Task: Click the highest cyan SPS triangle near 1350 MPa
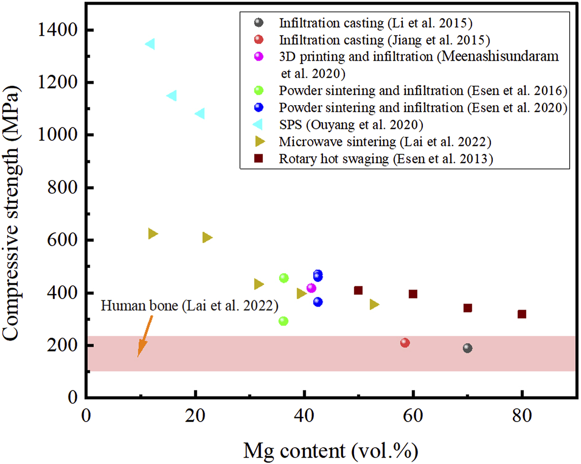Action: [x=150, y=44]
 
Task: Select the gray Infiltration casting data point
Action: [x=467, y=348]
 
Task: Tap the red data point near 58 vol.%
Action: [x=405, y=343]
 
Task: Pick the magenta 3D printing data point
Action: [x=311, y=288]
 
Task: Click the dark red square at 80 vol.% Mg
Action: [x=522, y=314]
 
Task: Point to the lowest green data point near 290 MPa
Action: [x=283, y=321]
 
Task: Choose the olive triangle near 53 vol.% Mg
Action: [x=374, y=305]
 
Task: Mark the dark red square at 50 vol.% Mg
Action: [x=358, y=290]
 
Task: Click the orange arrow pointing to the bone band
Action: [x=144, y=337]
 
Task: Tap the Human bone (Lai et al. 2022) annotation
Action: [x=189, y=306]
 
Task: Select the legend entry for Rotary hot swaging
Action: [x=386, y=159]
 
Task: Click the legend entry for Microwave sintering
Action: [x=385, y=142]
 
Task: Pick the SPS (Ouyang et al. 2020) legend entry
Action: [x=351, y=125]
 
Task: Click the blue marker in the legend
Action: [x=259, y=107]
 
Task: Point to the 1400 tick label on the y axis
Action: [x=58, y=30]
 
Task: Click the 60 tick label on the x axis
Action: [x=413, y=415]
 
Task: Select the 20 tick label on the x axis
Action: [x=195, y=415]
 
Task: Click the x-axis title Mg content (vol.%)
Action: [x=331, y=450]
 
